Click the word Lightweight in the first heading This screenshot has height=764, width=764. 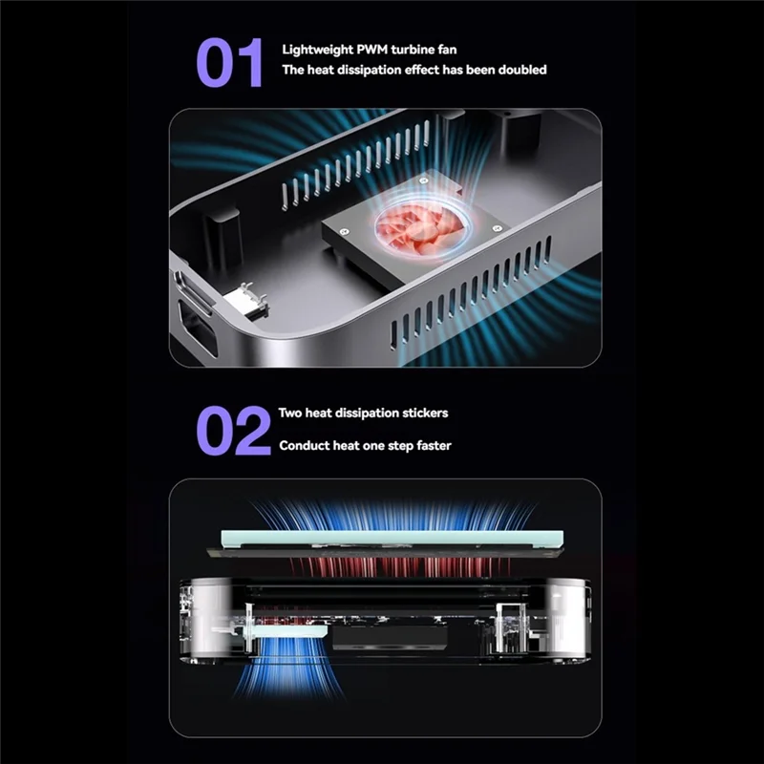315,49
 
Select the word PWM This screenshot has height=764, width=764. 369,49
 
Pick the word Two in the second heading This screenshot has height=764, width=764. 290,414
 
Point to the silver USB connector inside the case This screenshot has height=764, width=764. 246,301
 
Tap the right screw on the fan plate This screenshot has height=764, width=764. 497,228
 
